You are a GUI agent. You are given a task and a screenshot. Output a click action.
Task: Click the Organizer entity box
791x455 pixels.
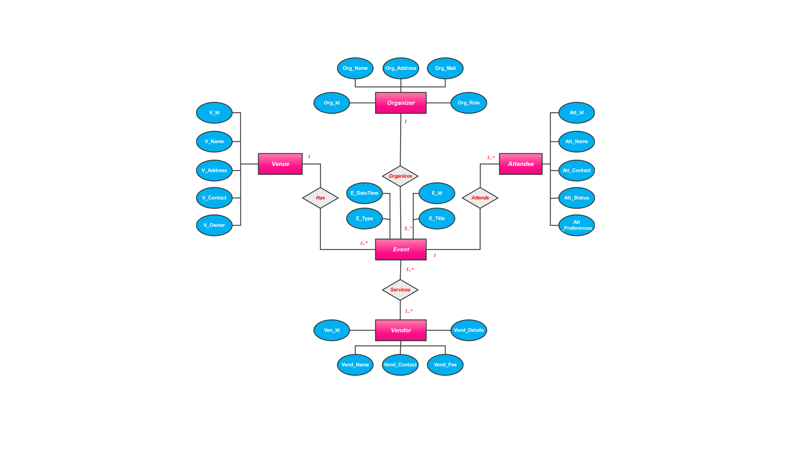[x=401, y=103]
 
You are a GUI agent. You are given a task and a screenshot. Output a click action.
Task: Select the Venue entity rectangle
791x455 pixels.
[x=280, y=164]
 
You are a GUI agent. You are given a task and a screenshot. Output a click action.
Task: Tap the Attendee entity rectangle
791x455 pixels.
[x=521, y=164]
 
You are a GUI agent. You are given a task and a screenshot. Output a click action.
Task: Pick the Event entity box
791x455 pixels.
[x=401, y=249]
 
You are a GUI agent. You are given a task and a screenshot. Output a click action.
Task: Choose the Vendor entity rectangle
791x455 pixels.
[x=401, y=330]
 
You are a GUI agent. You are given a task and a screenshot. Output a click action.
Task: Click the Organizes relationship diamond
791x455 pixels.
[x=400, y=176]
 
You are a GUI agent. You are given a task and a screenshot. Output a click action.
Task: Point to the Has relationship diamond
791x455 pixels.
[x=320, y=198]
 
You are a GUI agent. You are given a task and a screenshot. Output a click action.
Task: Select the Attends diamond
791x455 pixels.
[x=480, y=198]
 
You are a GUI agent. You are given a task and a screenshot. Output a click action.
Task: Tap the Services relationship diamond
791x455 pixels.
[x=400, y=290]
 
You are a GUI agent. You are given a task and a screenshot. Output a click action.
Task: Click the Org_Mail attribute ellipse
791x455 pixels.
[x=445, y=68]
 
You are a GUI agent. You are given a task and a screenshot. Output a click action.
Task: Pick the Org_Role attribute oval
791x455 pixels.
[x=469, y=103]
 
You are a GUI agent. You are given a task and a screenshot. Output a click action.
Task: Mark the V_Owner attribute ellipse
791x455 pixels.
[x=214, y=225]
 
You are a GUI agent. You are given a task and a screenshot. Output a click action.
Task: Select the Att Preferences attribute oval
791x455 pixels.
[x=577, y=225]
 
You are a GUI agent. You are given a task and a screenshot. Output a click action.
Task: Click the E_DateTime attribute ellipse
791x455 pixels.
[x=364, y=193]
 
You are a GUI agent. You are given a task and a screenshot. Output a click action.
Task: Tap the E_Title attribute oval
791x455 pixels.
[x=437, y=219]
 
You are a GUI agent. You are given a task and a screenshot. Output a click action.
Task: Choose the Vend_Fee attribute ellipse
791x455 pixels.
[x=445, y=365]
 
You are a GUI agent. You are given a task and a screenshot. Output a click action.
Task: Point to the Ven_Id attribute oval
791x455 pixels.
[x=331, y=330]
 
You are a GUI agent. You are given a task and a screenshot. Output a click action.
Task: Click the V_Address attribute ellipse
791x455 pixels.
[x=214, y=171]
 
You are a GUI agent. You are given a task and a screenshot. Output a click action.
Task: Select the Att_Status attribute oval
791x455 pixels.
[x=577, y=198]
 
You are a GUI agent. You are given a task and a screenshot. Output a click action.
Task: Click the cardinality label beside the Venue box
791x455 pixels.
[x=309, y=157]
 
